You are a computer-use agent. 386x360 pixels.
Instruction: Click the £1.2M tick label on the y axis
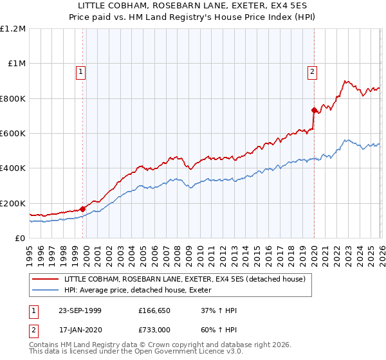(x=13, y=29)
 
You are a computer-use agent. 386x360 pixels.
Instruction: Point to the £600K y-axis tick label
(x=13, y=134)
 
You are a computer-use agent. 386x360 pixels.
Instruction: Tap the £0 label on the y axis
(x=20, y=239)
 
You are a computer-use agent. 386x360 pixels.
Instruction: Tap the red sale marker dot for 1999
(x=83, y=209)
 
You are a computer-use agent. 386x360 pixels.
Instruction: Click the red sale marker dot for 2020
(x=313, y=110)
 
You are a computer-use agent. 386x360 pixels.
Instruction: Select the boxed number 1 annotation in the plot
(x=81, y=72)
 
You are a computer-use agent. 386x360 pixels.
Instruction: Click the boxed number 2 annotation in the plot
(x=312, y=72)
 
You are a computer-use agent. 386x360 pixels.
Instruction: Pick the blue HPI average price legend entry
(x=142, y=290)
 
